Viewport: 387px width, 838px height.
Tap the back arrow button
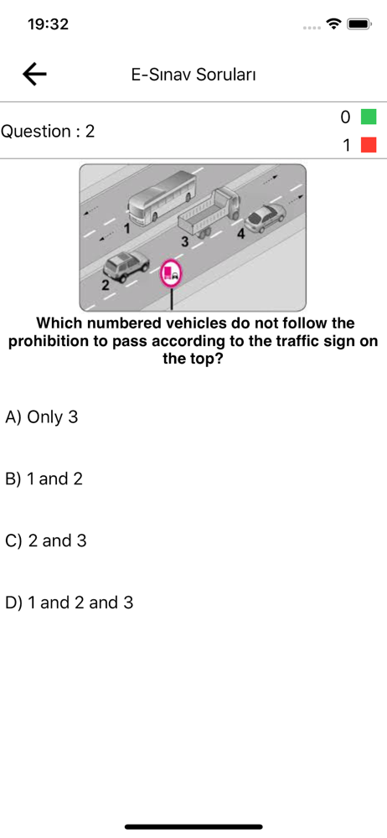point(34,75)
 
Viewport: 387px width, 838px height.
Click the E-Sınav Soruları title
point(193,75)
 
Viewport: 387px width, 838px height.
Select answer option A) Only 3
point(42,416)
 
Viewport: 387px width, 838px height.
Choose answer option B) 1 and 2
point(44,478)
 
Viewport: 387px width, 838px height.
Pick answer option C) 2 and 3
point(45,541)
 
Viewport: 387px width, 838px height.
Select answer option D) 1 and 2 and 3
point(69,603)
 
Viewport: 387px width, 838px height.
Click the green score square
point(369,116)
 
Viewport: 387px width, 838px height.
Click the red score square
point(369,145)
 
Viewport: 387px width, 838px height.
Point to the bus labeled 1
point(163,197)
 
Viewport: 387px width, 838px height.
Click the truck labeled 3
point(209,213)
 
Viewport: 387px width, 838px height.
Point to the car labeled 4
point(265,219)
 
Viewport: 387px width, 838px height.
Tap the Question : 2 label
point(48,131)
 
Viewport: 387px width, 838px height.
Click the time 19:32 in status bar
point(48,24)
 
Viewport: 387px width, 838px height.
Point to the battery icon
point(359,24)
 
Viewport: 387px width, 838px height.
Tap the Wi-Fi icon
point(335,24)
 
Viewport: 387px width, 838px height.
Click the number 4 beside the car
point(241,234)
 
